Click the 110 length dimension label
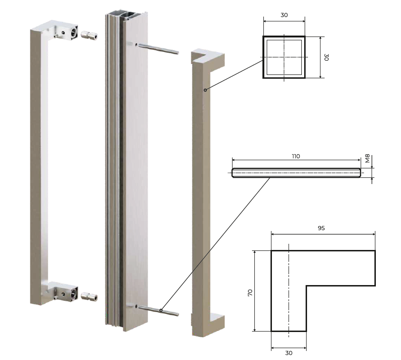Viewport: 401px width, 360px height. pos(296,156)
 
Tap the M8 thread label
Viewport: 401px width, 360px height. pos(367,158)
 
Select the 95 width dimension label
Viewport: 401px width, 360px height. pos(321,228)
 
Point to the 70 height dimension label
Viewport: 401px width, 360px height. pos(250,293)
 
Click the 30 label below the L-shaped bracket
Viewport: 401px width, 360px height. pos(289,353)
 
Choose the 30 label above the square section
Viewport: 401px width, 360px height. pos(284,15)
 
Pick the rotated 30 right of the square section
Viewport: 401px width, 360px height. pos(326,57)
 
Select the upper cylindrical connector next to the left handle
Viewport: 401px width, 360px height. pos(89,35)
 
